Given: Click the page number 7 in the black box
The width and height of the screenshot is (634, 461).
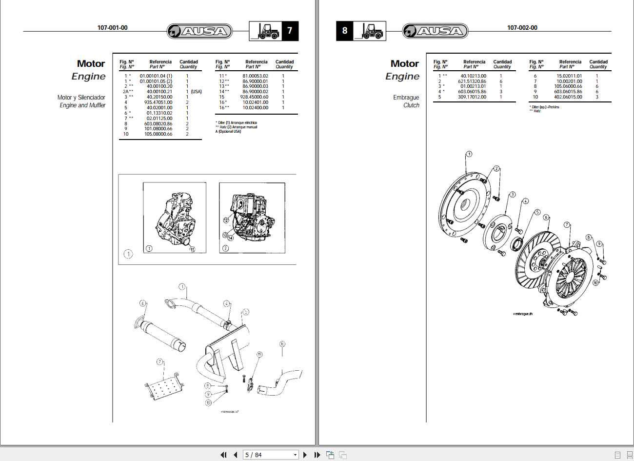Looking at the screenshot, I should pos(290,31).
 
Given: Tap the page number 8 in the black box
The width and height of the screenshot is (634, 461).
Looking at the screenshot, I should pos(345,31).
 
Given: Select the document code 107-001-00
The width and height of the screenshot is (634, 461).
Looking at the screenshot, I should pos(113,28).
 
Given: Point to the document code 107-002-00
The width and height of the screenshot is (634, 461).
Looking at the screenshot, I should pos(522,28).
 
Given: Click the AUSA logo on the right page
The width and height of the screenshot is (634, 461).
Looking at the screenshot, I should pos(435,31).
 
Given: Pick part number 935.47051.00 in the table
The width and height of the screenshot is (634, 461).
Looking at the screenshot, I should pos(158,102).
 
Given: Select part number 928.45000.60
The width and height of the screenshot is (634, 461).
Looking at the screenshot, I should pos(254,97).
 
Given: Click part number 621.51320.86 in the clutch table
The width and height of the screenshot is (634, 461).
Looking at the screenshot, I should pos(472,81).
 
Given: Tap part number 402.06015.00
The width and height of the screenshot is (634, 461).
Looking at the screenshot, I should pos(568,97).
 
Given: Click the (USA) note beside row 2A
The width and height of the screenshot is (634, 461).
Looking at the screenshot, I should pos(196,92).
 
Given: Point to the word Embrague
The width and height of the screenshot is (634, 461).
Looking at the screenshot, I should pos(406,98).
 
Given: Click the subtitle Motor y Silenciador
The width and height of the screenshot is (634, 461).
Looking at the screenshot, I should pos(81,98).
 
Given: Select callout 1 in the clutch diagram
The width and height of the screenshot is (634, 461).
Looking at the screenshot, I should pos(469,154).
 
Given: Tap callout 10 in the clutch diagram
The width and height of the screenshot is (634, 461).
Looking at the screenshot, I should pos(595,282).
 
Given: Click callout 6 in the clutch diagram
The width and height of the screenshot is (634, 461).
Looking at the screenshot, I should pos(546,218).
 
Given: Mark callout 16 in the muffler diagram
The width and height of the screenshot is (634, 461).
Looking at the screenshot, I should pos(282,344).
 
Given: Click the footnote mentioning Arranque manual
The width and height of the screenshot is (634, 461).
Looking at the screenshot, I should pos(237,127).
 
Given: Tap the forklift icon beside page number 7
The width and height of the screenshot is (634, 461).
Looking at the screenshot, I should pos(265,31).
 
